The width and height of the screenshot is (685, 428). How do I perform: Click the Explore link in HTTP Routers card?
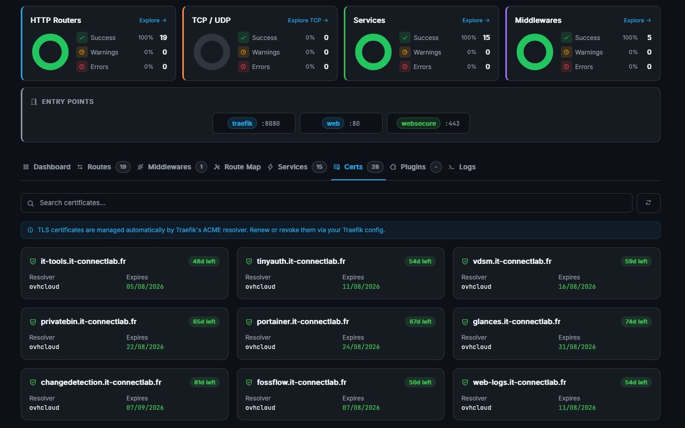coord(153,20)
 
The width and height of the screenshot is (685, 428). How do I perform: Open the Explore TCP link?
coord(308,20)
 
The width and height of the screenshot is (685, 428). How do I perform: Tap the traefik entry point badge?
coord(242,123)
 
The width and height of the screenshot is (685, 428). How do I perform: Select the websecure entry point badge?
coord(419,123)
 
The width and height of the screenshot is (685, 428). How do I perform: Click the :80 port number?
coord(354,124)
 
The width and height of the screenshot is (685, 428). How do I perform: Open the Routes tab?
coord(99,167)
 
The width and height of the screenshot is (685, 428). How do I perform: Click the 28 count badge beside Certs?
coord(375,167)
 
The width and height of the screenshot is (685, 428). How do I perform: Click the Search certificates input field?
coord(326,203)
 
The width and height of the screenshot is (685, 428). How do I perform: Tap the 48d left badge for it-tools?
coord(204,261)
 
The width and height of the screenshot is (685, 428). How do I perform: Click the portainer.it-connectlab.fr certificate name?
coord(303,322)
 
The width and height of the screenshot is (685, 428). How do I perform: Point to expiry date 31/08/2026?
coord(577,347)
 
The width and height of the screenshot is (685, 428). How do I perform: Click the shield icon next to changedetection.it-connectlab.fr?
coord(33,382)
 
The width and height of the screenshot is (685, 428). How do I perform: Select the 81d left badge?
coord(205,382)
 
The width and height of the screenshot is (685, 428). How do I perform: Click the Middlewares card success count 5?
coord(649,37)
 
